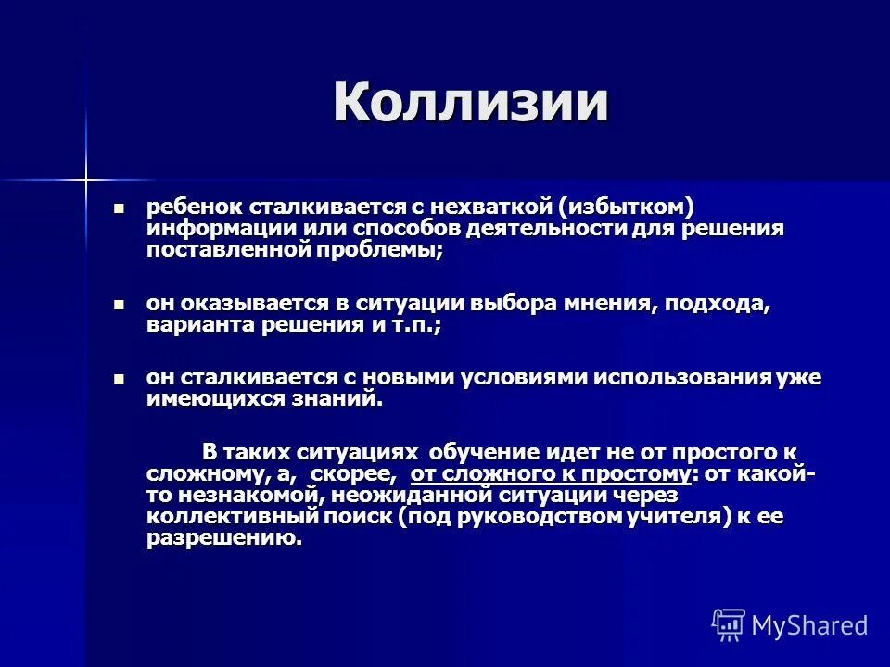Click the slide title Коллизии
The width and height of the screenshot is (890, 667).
[471, 102]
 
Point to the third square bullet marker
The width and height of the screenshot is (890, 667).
[118, 379]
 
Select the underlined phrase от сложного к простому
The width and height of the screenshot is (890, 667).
[551, 474]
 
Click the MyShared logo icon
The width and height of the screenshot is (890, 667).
[728, 625]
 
